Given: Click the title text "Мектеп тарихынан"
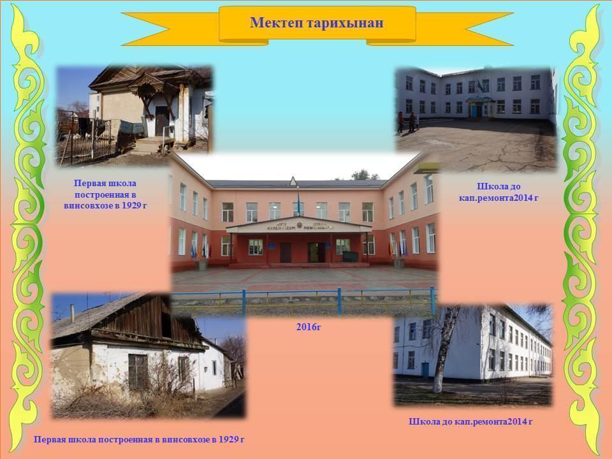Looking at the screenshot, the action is pos(317,23).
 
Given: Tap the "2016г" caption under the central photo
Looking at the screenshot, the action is pos(309,327).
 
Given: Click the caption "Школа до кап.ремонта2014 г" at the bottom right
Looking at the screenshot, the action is pos(470,421).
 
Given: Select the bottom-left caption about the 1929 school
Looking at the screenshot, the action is pos(139,439).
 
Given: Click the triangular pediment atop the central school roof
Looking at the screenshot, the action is pos(293,181).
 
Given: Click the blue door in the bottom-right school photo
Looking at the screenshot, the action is pos(425,370).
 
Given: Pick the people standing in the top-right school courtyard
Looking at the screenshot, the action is pos(408,122).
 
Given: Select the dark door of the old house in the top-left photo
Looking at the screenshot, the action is pos(161,120).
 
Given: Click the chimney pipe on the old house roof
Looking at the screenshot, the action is pos(72,313).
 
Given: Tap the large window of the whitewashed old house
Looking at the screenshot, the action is pos(138,371).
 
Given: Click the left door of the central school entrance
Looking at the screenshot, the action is pos(286,252).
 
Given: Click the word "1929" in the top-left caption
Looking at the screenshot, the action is pos(131,205).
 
